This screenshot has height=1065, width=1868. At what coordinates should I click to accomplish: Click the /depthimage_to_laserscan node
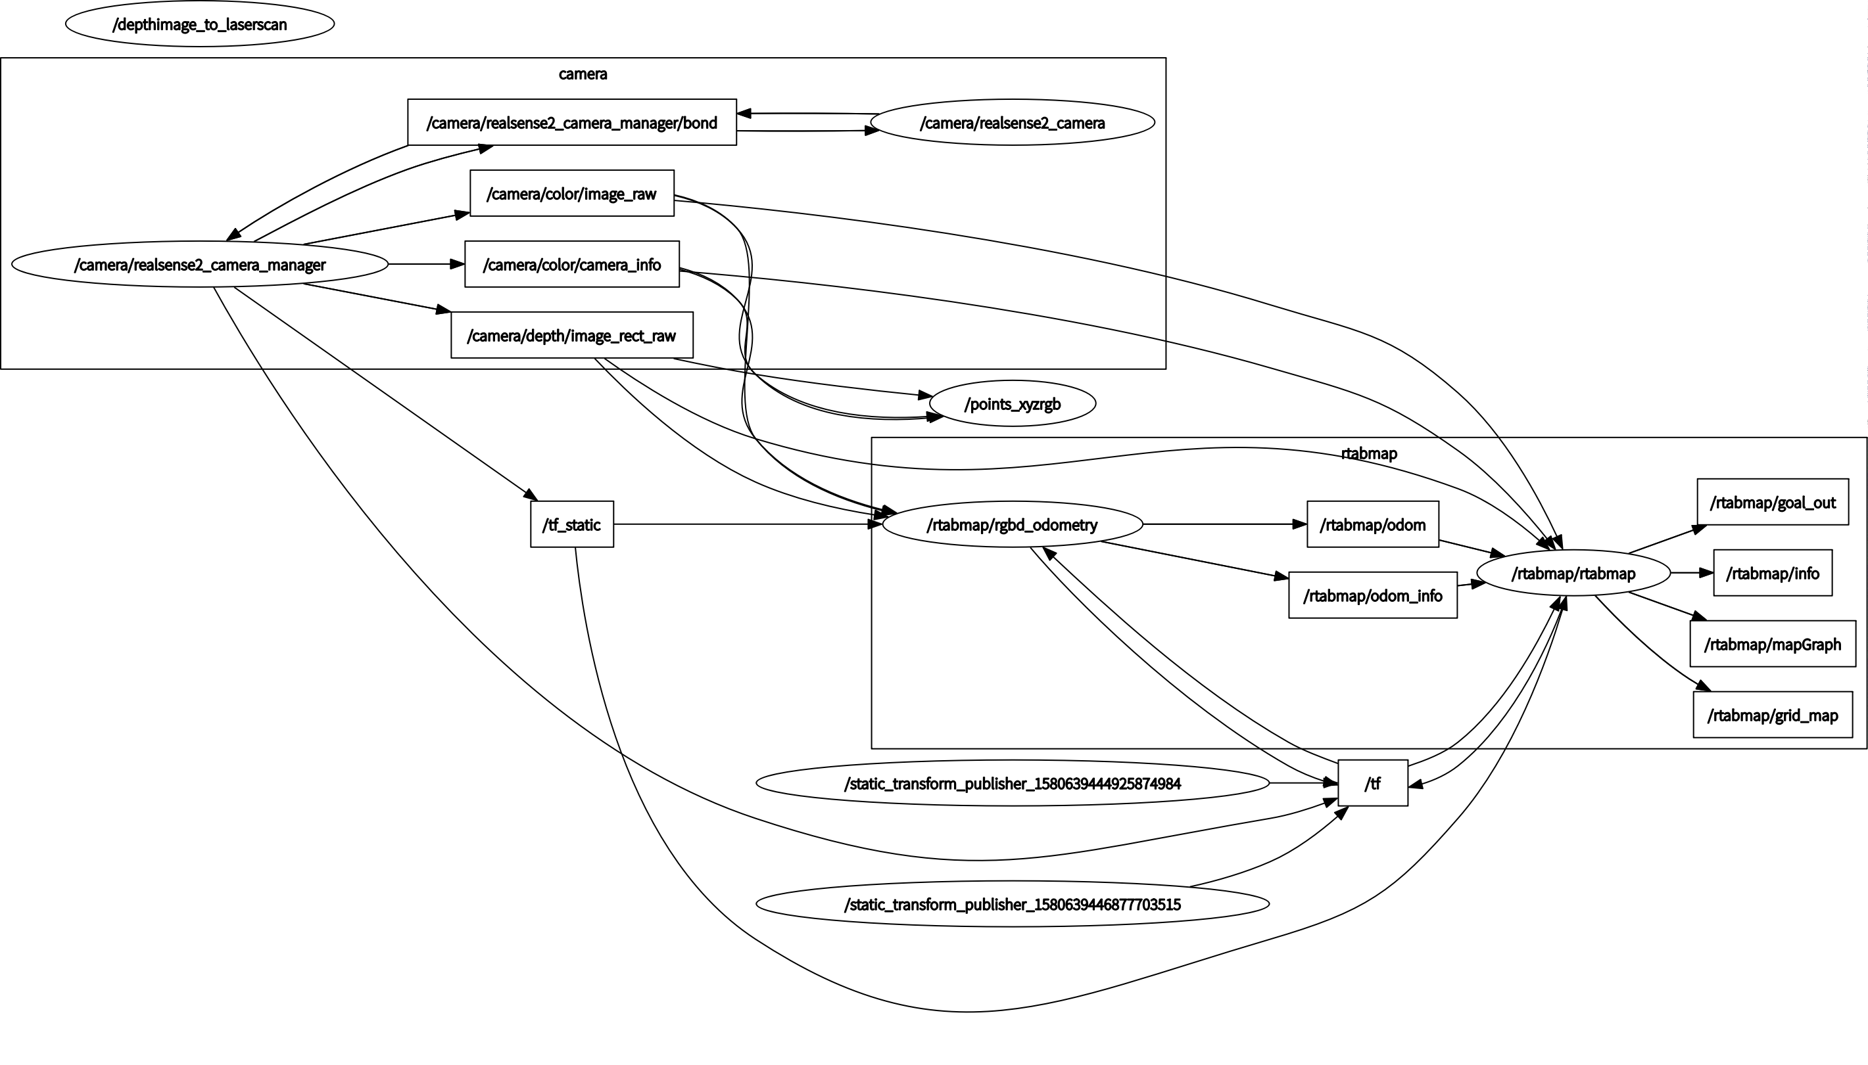click(x=200, y=24)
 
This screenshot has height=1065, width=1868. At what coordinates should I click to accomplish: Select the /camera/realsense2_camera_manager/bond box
click(x=571, y=122)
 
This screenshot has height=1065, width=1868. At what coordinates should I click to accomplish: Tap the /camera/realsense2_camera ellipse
click(x=1013, y=122)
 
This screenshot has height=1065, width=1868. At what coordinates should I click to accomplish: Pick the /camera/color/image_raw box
click(x=571, y=193)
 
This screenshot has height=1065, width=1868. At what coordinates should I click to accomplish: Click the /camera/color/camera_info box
click(x=571, y=264)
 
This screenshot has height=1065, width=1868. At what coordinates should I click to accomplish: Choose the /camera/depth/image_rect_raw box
click(x=571, y=335)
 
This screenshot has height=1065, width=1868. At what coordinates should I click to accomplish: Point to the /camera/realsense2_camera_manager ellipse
click(x=200, y=264)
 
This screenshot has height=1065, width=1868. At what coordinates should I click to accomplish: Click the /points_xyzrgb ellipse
click(x=1013, y=404)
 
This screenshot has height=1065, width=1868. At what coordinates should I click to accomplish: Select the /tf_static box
click(x=571, y=524)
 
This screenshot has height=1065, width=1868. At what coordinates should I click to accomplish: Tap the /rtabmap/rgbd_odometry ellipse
click(x=1013, y=524)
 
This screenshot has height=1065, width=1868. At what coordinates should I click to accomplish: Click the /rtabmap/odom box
click(x=1372, y=524)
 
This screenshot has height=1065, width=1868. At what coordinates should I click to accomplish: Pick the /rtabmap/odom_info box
click(x=1372, y=595)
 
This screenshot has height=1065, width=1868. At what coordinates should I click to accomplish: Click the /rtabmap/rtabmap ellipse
click(x=1573, y=573)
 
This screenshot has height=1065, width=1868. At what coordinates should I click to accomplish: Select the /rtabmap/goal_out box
click(x=1772, y=502)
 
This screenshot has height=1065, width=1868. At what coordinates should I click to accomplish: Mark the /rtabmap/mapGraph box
click(x=1772, y=644)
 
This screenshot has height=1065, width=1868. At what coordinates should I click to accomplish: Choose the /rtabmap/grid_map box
click(x=1772, y=715)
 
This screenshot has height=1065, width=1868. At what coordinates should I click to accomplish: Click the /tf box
click(x=1372, y=783)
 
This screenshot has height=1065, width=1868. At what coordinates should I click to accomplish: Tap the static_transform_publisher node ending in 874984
click(x=1013, y=783)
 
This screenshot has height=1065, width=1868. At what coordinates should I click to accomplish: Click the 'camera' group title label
click(x=583, y=73)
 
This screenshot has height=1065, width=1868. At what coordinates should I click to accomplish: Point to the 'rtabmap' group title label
click(x=1369, y=453)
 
